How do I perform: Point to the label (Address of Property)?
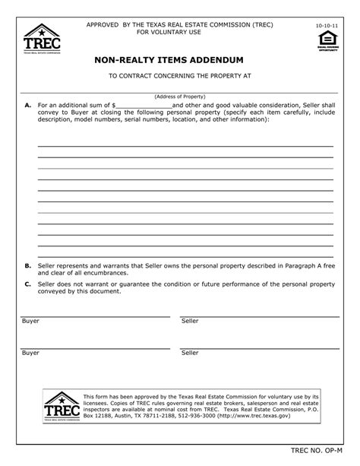179,97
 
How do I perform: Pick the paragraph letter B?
27,266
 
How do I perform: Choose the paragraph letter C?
27,284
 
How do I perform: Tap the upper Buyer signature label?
30,322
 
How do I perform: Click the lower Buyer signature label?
30,353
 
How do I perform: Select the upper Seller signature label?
190,322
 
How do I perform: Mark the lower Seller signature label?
190,353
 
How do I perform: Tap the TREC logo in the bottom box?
61,405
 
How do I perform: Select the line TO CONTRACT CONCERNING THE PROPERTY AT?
179,76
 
